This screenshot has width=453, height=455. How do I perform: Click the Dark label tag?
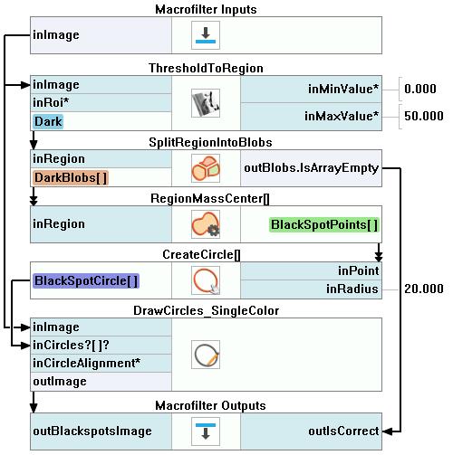(48, 121)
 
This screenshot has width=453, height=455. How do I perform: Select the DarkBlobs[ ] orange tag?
(71, 178)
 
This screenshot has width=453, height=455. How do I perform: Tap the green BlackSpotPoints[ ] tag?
(324, 225)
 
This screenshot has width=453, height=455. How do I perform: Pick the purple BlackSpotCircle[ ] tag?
(86, 280)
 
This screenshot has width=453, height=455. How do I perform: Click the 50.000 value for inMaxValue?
(424, 116)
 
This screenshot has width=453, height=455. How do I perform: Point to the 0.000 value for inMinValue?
(420, 89)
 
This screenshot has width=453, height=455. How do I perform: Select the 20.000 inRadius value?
(424, 289)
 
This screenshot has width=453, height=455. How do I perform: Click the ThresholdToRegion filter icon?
(206, 103)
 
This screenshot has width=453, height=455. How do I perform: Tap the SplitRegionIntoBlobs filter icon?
(206, 168)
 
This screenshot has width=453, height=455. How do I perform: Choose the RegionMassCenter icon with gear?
(206, 224)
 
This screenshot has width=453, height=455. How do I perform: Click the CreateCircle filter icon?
(206, 280)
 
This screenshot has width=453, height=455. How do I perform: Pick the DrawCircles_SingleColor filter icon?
(206, 355)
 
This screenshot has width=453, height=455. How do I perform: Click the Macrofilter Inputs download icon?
(206, 35)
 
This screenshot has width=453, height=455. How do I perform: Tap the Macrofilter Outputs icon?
(206, 431)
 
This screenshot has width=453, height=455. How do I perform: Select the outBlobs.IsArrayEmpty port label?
(311, 168)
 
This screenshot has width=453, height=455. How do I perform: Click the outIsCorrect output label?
(343, 431)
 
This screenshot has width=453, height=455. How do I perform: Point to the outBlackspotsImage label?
(92, 431)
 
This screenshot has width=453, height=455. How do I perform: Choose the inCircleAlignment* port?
(87, 364)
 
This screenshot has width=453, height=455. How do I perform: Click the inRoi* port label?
(51, 103)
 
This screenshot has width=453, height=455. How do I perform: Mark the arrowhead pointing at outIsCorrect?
(387, 431)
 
